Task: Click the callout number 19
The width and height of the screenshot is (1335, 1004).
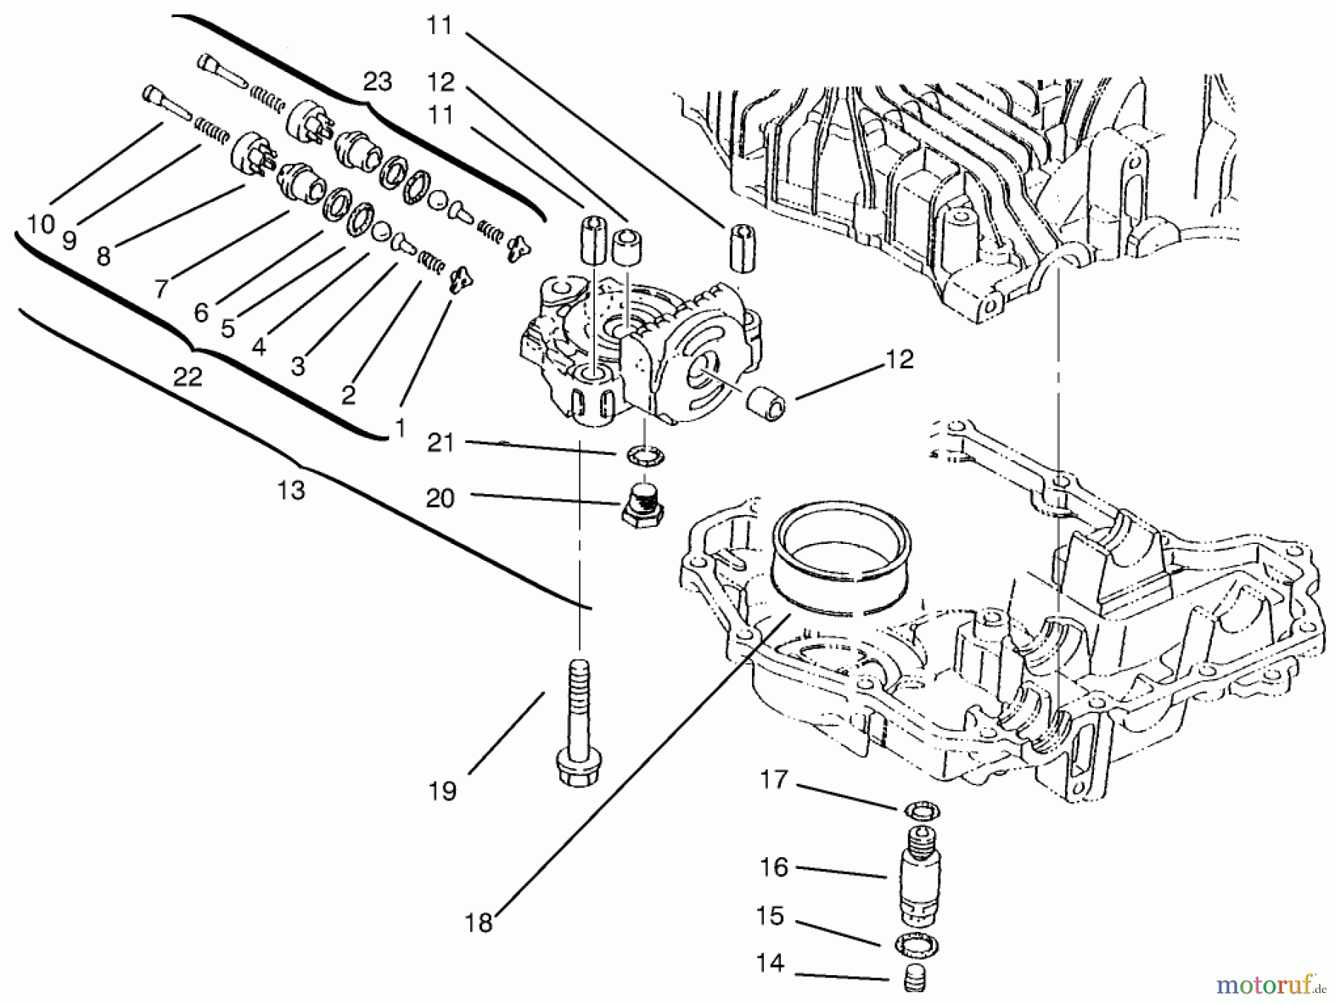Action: (442, 791)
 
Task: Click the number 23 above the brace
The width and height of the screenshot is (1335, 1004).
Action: (377, 82)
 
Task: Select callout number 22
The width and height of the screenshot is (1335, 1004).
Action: (188, 377)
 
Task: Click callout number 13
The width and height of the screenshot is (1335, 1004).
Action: (291, 490)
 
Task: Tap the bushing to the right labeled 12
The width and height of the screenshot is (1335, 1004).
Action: (768, 403)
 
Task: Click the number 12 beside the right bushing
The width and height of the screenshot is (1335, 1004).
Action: (898, 359)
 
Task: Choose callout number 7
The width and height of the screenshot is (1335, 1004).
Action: (161, 288)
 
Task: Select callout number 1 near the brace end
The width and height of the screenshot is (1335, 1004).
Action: (400, 427)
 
